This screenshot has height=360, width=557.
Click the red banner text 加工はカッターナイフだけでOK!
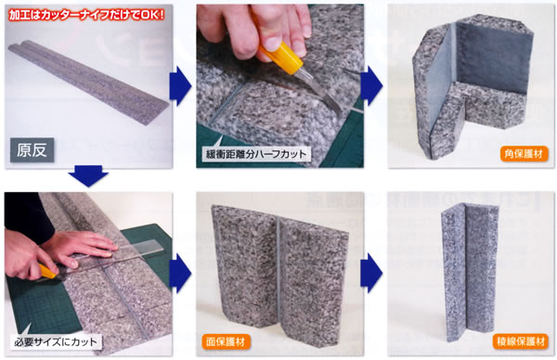click(x=86, y=15)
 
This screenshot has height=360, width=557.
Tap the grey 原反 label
click(x=32, y=150)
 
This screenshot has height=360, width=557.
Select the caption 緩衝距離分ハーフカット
click(x=256, y=154)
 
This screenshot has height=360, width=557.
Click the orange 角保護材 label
click(x=524, y=154)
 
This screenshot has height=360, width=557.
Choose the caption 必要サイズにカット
click(x=56, y=341)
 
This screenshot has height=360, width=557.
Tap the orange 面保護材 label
click(x=226, y=341)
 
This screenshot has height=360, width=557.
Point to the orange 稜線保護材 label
click(x=521, y=341)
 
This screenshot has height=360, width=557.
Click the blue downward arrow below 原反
click(x=88, y=175)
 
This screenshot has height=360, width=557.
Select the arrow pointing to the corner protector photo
click(x=371, y=86)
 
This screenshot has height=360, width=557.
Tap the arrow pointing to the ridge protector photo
click(x=371, y=274)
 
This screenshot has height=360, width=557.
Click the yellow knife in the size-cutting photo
click(x=48, y=272)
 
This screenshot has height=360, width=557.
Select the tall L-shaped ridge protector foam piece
click(x=470, y=272)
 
